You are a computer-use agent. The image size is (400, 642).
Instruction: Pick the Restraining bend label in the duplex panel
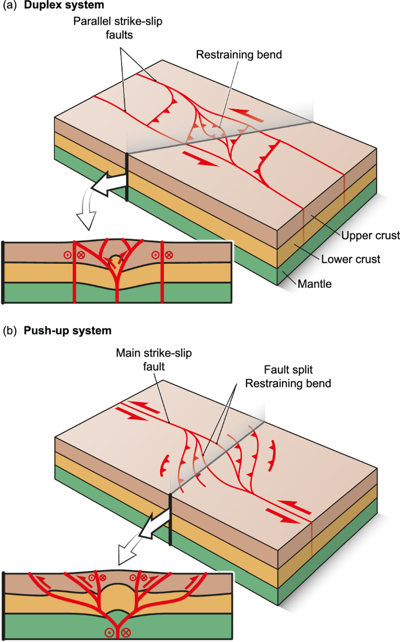[239, 55]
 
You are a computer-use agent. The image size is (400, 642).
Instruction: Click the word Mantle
[315, 284]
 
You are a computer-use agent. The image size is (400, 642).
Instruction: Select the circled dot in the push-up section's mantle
[109, 633]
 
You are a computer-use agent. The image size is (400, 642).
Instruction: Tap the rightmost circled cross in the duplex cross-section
[169, 254]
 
